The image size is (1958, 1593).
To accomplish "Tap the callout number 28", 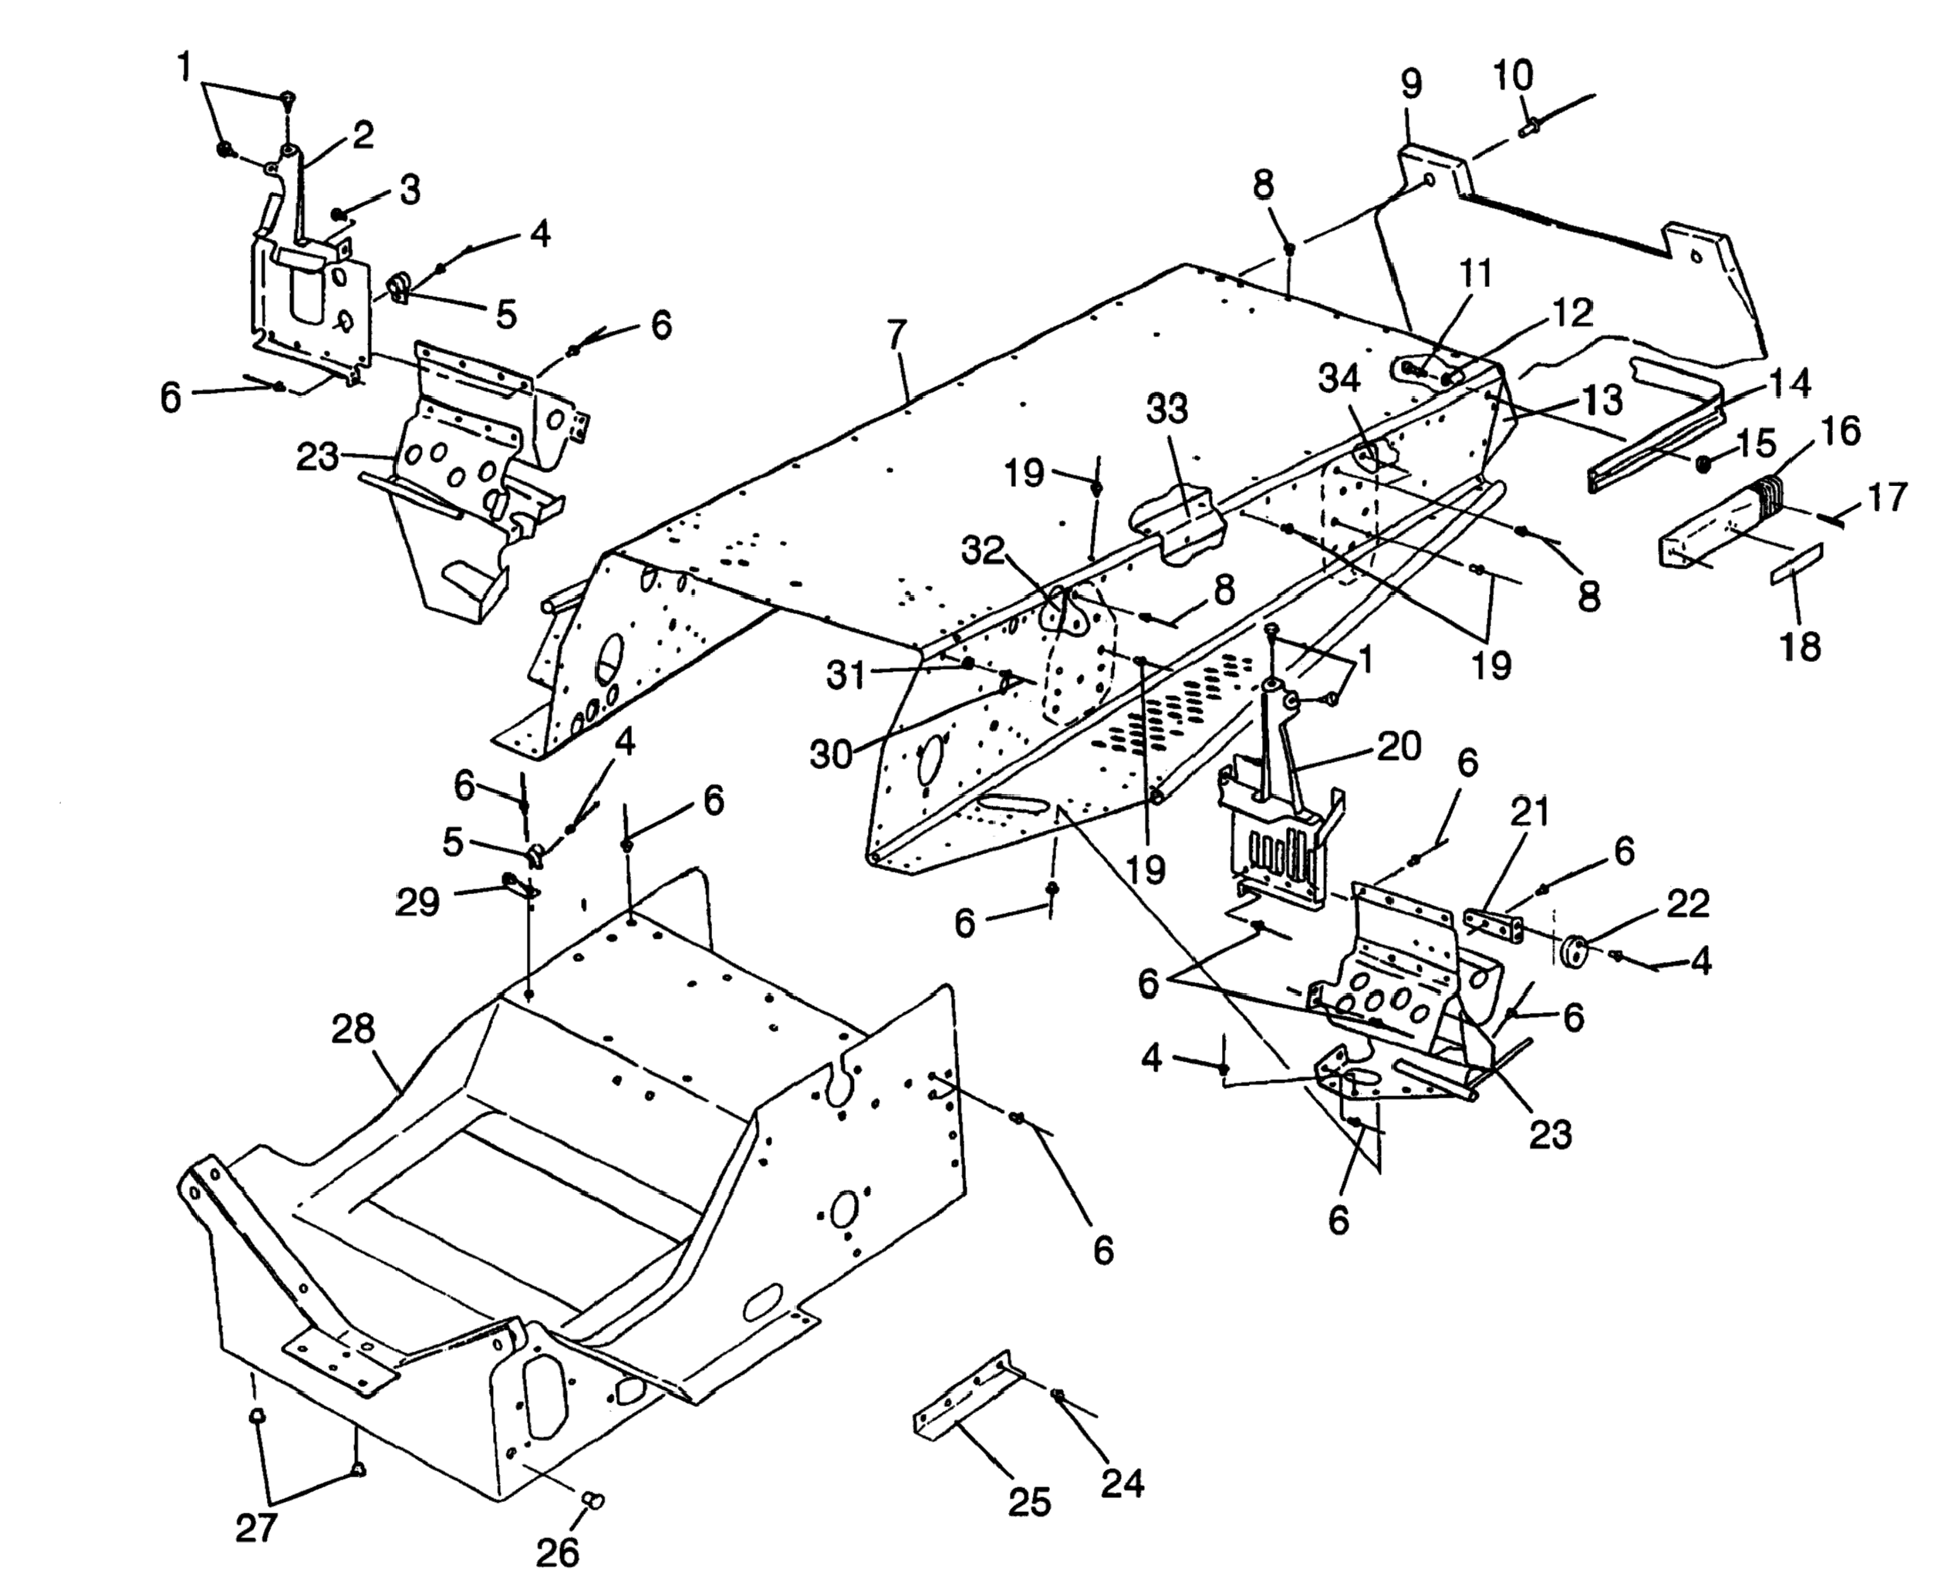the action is click(353, 1030).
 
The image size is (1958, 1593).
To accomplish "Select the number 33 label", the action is click(1167, 410).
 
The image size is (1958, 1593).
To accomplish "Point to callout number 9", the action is click(1411, 84).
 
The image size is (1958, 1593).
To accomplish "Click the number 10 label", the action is click(1513, 76).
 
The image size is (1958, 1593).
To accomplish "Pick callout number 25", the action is click(1028, 1502).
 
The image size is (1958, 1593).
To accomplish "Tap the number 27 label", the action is click(256, 1528).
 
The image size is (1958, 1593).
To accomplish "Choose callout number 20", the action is click(1399, 746).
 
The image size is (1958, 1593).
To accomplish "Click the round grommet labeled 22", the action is click(1575, 949).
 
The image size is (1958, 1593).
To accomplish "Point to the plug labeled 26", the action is click(595, 1500).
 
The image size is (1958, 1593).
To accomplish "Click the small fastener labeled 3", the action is click(339, 214).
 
